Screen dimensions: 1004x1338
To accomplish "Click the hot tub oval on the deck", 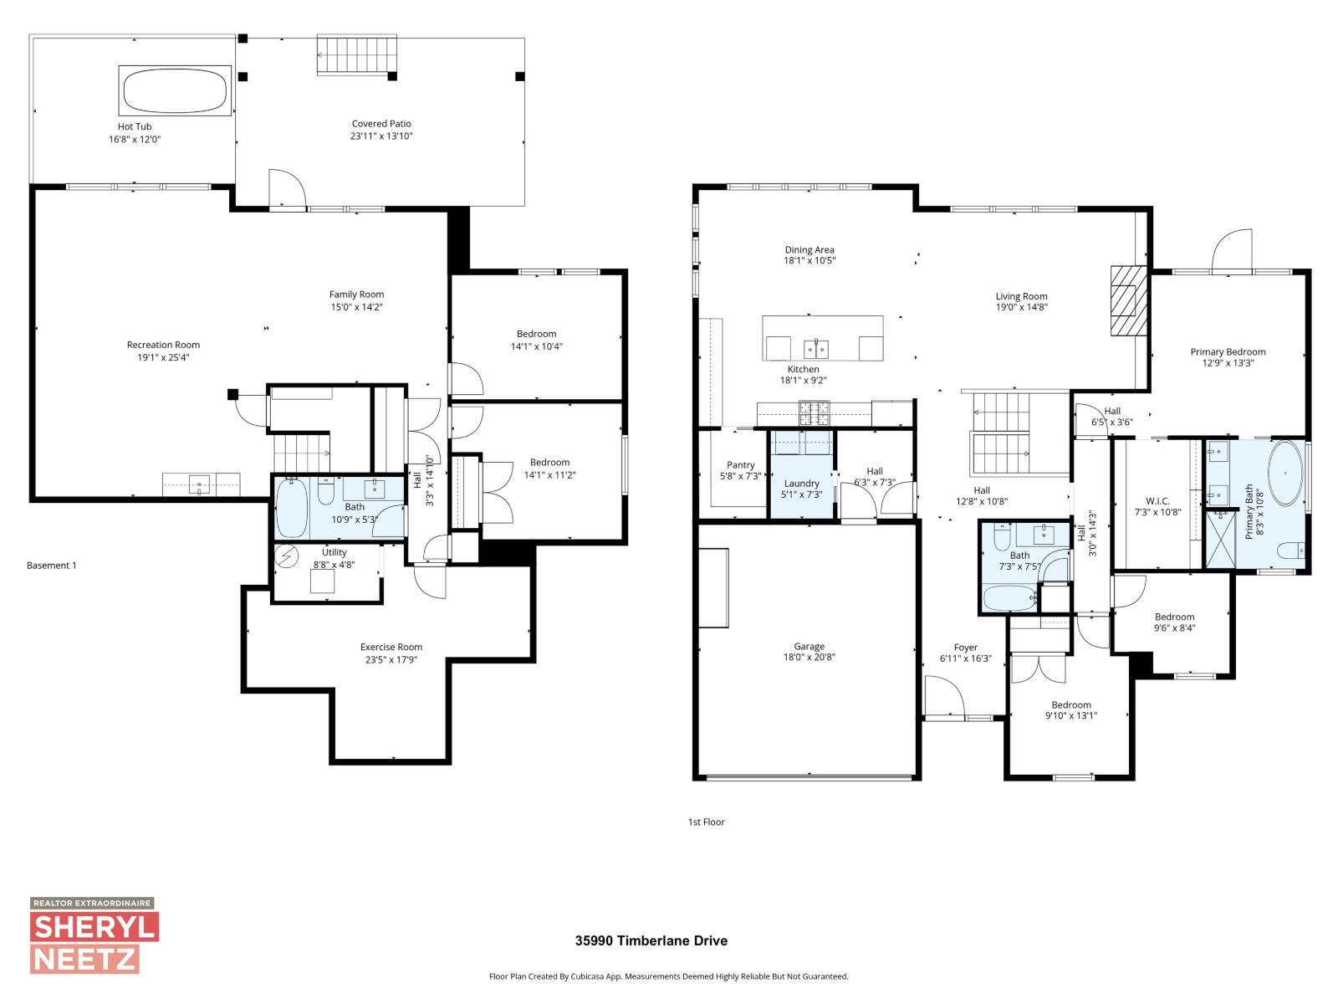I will tap(175, 90).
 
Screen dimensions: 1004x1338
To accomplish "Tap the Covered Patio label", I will tap(381, 124).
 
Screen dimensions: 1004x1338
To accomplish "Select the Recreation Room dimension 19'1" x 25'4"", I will tap(163, 357).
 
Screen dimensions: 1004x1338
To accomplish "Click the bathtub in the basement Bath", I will tap(293, 508).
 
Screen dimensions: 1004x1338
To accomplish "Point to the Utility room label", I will tap(334, 552).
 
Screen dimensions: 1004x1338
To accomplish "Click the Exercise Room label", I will tap(391, 647).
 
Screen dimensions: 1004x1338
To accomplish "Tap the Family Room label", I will tap(356, 295).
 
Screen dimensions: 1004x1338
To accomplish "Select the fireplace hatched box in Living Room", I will tap(1128, 301).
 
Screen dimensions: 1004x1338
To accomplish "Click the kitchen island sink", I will tap(816, 347).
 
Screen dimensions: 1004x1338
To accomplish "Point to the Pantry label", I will tap(740, 465).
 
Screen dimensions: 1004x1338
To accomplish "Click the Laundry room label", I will tap(801, 484).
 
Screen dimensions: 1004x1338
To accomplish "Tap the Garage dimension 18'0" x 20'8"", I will tap(809, 658).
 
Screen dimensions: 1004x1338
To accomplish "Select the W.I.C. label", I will tap(1157, 501).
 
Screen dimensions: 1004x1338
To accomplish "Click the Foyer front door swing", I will tap(943, 696).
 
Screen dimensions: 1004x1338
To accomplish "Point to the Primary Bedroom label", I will tap(1228, 352).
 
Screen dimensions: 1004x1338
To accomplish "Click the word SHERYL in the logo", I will tap(94, 928).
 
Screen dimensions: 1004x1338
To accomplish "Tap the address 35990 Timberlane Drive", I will tap(651, 940).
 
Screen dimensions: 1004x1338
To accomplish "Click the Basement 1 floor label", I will tap(52, 566).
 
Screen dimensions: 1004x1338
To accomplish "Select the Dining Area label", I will tap(809, 250).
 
